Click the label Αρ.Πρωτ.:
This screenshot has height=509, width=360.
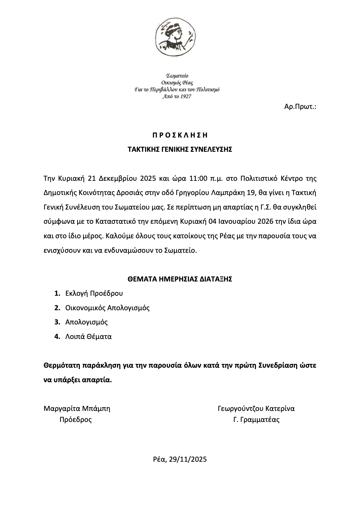pyautogui.click(x=300, y=107)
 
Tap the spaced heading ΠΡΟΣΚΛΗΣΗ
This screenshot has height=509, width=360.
pyautogui.click(x=180, y=135)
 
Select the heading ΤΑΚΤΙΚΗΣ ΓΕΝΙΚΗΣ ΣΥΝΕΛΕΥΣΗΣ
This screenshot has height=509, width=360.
pyautogui.click(x=180, y=149)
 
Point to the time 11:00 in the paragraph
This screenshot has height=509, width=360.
pyautogui.click(x=198, y=178)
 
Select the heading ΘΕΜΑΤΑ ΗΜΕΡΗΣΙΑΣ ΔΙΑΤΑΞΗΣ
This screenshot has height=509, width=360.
pyautogui.click(x=180, y=279)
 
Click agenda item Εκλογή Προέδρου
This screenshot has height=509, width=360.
pyautogui.click(x=94, y=293)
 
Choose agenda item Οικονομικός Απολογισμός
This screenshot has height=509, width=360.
pyautogui.click(x=107, y=308)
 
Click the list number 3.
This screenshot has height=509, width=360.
pyautogui.click(x=57, y=322)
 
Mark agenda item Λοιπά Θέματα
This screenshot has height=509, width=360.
pyautogui.click(x=89, y=337)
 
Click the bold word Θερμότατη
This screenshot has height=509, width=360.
pyautogui.click(x=62, y=365)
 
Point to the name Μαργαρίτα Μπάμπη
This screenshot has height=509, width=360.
pyautogui.click(x=77, y=409)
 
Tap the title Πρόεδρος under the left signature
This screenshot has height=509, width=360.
pyautogui.click(x=75, y=420)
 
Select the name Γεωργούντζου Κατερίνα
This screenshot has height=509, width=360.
pyautogui.click(x=256, y=409)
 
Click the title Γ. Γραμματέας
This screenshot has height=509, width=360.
pyautogui.click(x=256, y=420)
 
